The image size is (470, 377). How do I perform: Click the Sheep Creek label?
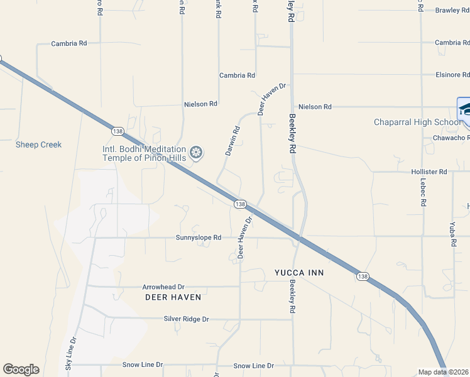[x=39, y=145]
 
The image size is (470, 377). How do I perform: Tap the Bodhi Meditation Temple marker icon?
[x=196, y=153]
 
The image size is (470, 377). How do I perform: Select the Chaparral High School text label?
[x=417, y=122]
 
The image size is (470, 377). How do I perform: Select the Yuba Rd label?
[x=452, y=234]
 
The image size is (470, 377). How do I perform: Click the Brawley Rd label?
[x=452, y=10]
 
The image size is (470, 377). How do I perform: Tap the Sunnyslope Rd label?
[x=199, y=238]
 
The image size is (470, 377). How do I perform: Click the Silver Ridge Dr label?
[x=186, y=319]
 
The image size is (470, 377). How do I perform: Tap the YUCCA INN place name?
[x=298, y=273]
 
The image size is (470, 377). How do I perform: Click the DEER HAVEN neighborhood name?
[x=173, y=297]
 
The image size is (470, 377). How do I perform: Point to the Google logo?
[x=21, y=369]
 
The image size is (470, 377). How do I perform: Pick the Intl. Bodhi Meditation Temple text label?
[x=145, y=153]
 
